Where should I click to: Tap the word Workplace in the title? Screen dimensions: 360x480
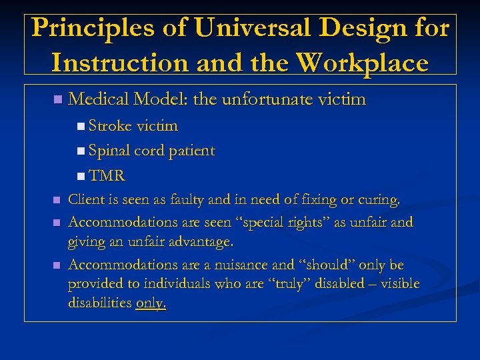tap(363, 63)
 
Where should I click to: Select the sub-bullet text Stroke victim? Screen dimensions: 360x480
tap(133, 126)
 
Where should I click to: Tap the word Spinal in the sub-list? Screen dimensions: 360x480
tap(109, 151)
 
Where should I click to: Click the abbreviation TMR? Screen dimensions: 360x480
tap(107, 176)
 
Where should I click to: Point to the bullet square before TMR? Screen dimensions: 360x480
tap(80, 177)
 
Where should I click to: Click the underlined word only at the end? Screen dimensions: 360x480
tap(150, 303)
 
